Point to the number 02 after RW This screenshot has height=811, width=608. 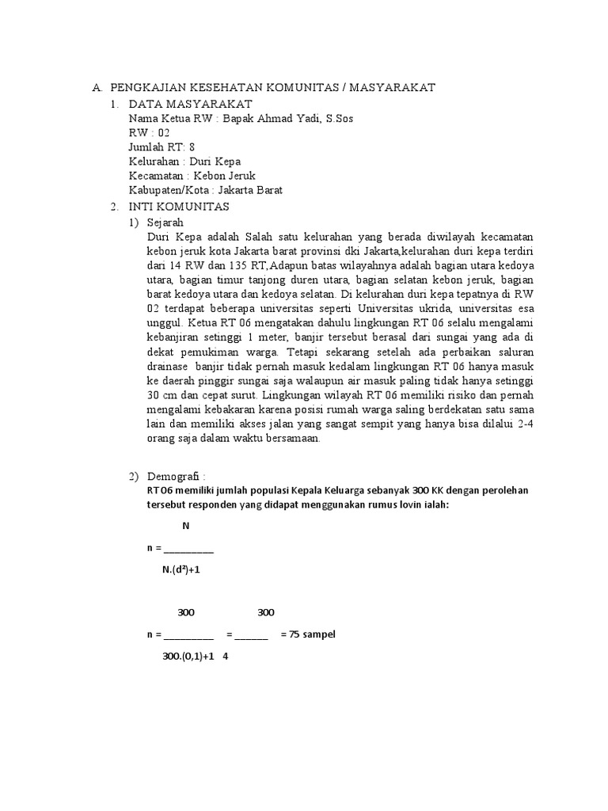163,133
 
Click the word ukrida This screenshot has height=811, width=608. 428,309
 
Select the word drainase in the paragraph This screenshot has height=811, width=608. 168,367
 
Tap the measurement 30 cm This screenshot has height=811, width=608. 163,395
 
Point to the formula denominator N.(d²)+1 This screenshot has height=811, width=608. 180,571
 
